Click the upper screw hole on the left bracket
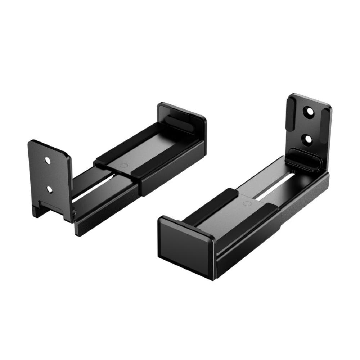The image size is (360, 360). click(x=48, y=159)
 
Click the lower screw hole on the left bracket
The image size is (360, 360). click(x=50, y=189)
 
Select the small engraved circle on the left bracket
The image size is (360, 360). click(x=123, y=166)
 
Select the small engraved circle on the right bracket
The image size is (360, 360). click(x=246, y=204)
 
